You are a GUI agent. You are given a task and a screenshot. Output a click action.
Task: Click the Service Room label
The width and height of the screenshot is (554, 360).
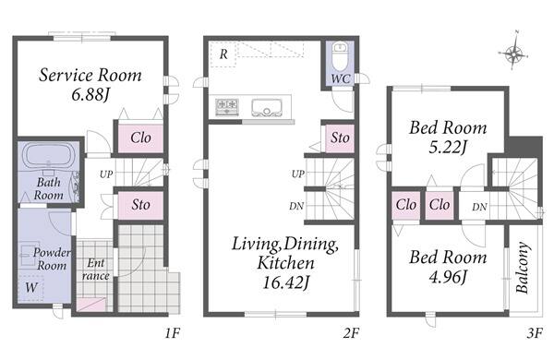click(90, 75)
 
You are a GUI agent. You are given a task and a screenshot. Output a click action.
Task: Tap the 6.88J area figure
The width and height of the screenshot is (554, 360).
click(90, 95)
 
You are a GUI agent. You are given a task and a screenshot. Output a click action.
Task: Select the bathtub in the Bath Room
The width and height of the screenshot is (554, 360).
click(48, 155)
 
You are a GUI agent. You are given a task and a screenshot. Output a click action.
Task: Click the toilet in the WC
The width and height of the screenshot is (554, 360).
click(341, 57)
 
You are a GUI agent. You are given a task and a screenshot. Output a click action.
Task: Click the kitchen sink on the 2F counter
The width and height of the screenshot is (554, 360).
click(267, 108)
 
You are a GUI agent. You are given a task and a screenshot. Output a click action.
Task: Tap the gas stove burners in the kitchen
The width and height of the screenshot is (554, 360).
click(226, 107)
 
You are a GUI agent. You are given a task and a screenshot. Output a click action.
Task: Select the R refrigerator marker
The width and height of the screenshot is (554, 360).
click(223, 54)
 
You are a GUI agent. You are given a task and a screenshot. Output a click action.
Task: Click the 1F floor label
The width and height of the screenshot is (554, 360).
click(173, 333)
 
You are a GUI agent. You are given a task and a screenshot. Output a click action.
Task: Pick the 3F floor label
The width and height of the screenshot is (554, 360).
click(535, 333)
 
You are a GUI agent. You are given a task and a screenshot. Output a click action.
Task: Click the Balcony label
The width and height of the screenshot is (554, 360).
click(523, 268)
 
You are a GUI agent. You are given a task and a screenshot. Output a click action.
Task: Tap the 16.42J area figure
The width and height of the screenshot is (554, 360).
click(286, 282)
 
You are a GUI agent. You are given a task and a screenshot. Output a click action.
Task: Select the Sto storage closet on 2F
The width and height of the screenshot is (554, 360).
click(340, 138)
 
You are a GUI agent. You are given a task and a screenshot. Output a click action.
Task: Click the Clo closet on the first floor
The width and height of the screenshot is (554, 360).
click(140, 138)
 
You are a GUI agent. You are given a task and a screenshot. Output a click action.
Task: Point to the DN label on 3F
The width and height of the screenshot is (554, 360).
click(479, 207)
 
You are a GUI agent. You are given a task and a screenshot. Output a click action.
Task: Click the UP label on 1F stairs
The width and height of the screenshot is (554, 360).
click(106, 174)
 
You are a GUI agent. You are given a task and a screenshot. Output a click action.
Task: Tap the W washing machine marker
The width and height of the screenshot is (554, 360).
click(31, 288)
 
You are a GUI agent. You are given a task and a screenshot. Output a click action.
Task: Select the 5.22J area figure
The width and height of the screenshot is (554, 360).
click(448, 147)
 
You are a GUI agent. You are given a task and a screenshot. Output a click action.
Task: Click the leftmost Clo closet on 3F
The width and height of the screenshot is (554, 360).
click(405, 205)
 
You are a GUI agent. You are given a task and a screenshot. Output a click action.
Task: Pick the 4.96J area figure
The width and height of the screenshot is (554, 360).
click(448, 277)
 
